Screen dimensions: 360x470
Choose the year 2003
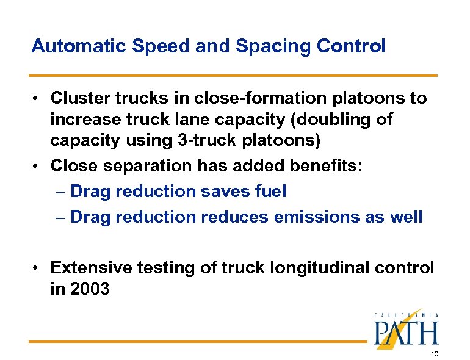(x=90, y=289)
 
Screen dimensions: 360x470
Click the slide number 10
(x=434, y=353)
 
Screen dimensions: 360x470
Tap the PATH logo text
(x=406, y=333)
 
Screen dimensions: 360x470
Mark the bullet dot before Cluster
(x=37, y=98)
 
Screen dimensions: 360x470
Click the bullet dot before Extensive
(x=37, y=268)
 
